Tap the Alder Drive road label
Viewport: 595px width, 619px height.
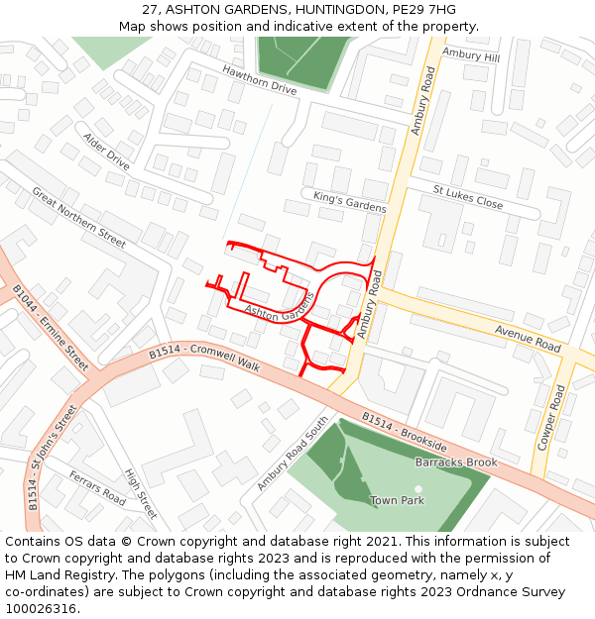106,151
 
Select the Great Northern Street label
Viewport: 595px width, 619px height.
78,217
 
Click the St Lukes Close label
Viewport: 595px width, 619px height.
468,196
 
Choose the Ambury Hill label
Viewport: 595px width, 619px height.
471,55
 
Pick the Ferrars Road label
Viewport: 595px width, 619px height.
97,487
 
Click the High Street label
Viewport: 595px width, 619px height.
141,493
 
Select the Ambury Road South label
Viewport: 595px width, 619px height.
293,453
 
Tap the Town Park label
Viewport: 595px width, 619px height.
397,501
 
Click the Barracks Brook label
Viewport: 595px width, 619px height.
456,463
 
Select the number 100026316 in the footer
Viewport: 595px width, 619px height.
41,608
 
